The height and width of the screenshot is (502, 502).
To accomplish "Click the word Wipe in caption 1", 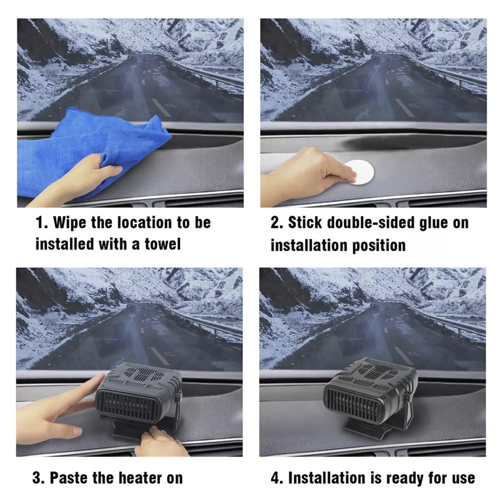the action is (69, 222).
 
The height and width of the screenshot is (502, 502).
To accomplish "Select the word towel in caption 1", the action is (163, 244).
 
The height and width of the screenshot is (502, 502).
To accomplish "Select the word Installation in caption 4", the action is (327, 478).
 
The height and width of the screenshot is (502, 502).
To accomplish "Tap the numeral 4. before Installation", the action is (277, 478).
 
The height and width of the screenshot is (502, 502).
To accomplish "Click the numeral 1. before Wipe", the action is (42, 222).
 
